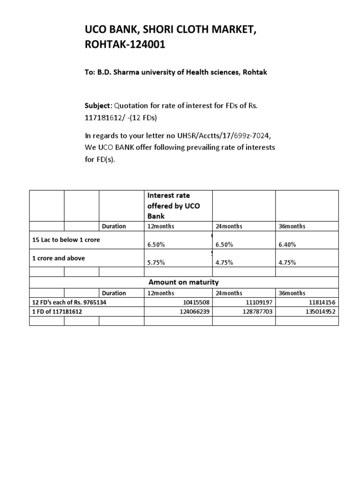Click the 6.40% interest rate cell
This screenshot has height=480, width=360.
click(x=287, y=244)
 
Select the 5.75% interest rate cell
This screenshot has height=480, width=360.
click(x=156, y=262)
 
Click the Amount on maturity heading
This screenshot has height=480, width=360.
click(x=184, y=282)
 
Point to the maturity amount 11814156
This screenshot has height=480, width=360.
click(x=321, y=302)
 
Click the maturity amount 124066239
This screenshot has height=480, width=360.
click(x=194, y=311)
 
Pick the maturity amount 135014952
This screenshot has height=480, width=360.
click(x=319, y=311)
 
